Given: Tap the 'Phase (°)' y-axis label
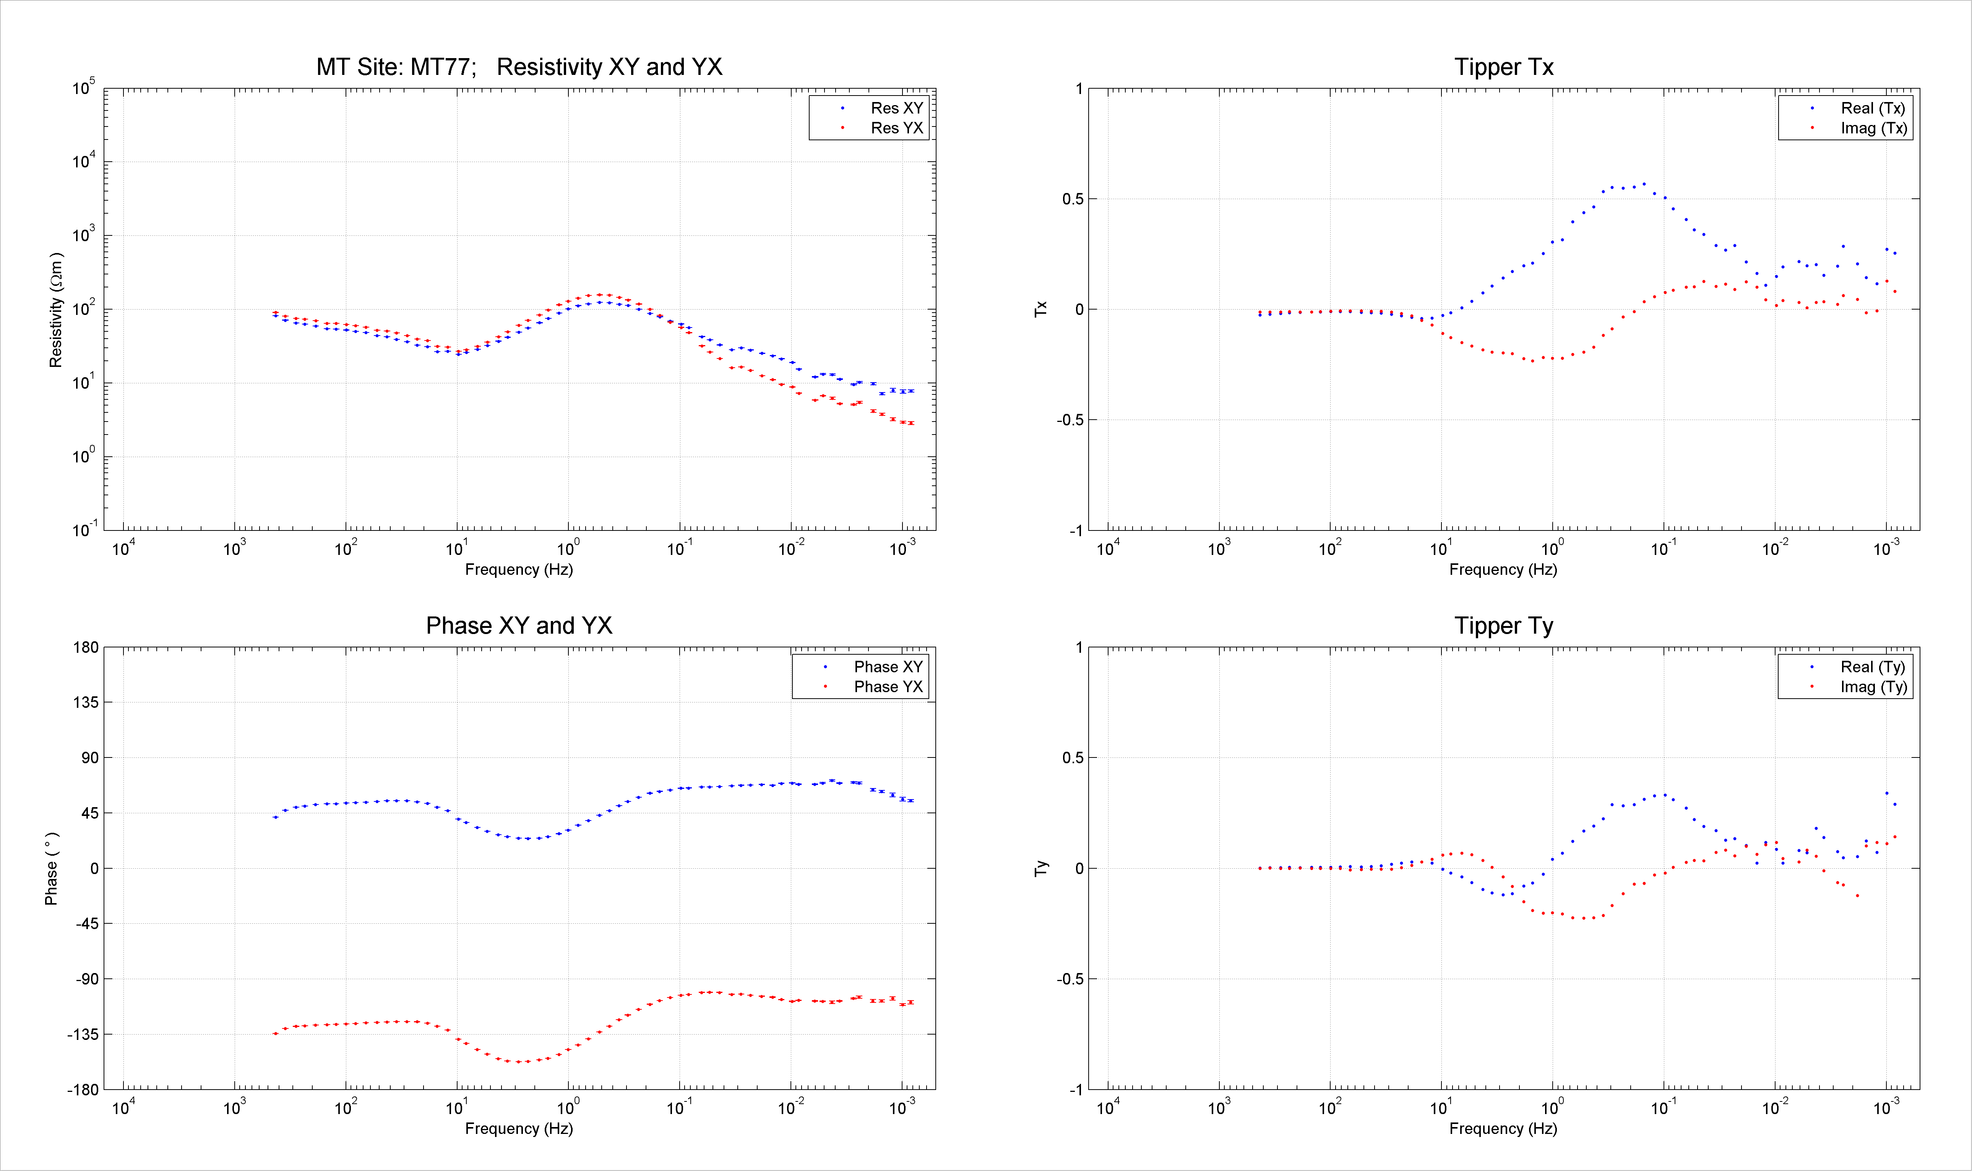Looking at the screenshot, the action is coord(51,868).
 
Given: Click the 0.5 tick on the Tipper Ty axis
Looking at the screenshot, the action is coord(1073,757).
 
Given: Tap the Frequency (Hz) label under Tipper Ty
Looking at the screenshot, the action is coord(1503,1129).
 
